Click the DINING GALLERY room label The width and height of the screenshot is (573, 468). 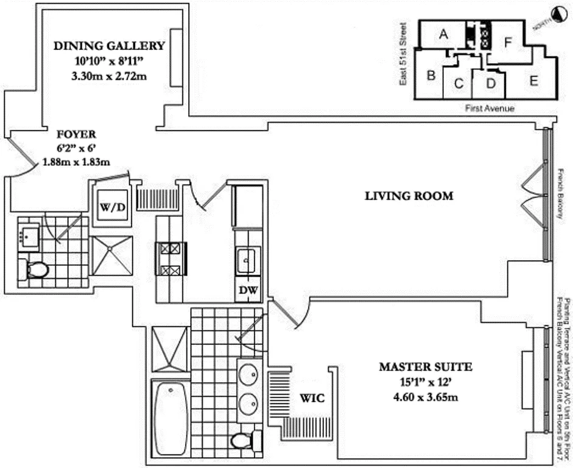point(110,46)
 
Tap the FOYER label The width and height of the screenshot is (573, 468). point(76,134)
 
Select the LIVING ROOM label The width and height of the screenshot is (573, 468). point(409,196)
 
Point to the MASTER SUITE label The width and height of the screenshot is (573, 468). point(425,367)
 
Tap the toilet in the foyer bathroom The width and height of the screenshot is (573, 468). point(36,269)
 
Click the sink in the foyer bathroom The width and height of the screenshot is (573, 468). point(27,235)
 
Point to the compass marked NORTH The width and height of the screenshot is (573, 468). point(556,16)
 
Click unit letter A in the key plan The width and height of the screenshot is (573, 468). point(443,35)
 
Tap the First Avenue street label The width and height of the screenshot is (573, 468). point(490,108)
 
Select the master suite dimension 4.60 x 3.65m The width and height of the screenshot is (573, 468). point(424,397)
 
